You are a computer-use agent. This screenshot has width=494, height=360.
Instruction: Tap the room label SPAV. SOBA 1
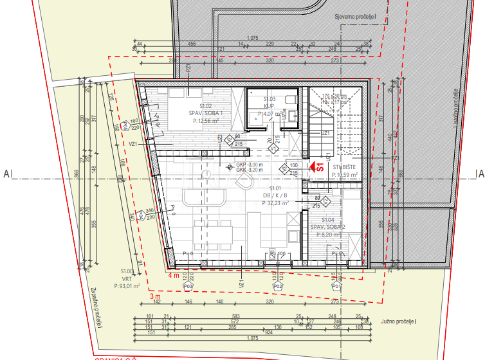(205, 113)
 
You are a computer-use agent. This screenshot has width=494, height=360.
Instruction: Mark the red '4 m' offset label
(173, 275)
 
